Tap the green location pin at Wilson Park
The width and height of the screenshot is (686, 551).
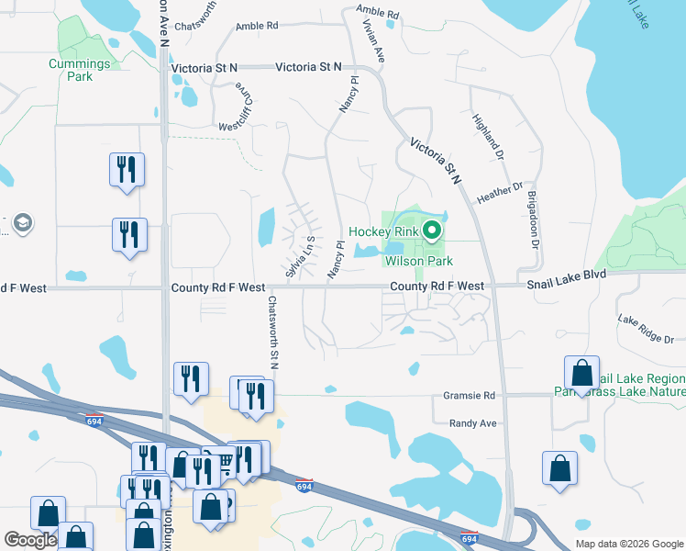434,231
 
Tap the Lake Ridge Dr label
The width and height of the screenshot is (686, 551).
646,328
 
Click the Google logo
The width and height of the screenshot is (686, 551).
30,540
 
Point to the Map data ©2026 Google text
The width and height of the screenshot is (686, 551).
628,544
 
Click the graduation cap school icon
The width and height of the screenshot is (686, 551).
21,223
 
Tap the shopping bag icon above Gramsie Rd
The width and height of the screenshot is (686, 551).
581,373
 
